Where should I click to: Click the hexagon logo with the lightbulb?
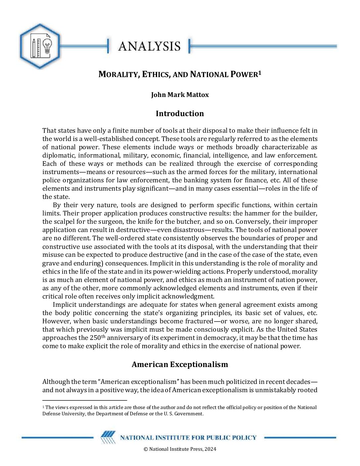point(40,46)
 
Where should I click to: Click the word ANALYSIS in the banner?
point(149,46)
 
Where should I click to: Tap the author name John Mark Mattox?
point(180,95)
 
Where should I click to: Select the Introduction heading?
point(180,114)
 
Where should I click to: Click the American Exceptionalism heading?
point(180,364)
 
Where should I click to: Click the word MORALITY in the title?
point(118,74)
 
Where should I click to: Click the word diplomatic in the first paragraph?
point(58,155)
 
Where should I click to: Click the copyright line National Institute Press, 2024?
point(180,449)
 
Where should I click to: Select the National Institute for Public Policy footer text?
point(188,438)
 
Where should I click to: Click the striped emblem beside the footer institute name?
point(108,438)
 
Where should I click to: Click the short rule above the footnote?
point(85,400)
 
